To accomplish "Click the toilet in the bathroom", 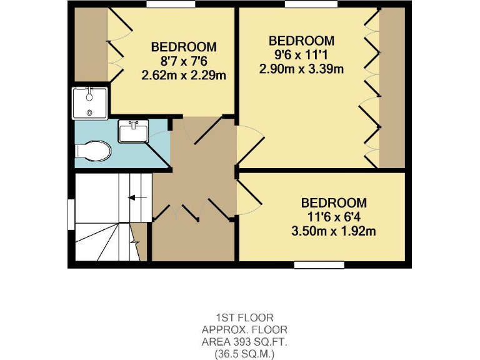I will coord(92,151).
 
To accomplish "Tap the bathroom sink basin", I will coord(133,132).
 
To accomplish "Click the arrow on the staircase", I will coord(133,198).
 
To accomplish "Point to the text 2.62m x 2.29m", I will coord(184,75).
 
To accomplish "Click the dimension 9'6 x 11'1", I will coord(301,54).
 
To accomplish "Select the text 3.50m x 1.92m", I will coord(333,231).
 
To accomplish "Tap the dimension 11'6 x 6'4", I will coord(333,217).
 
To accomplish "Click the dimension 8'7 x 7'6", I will coord(184,61).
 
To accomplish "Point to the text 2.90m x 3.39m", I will coord(301,69).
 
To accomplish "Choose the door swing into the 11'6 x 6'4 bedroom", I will coord(249,200).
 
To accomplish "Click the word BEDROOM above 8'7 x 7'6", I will coord(184,47).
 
